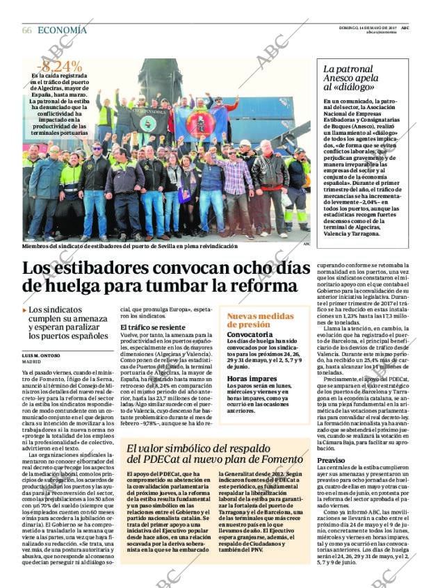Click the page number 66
pyautogui.click(x=27, y=30)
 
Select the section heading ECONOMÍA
pyautogui.click(x=62, y=30)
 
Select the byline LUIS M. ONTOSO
pyautogui.click(x=41, y=355)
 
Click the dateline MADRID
pyautogui.click(x=31, y=362)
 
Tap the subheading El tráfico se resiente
pyautogui.click(x=152, y=327)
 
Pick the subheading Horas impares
pyautogui.click(x=252, y=379)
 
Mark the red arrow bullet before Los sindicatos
pyautogui.click(x=25, y=310)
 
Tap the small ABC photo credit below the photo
pyautogui.click(x=307, y=244)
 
